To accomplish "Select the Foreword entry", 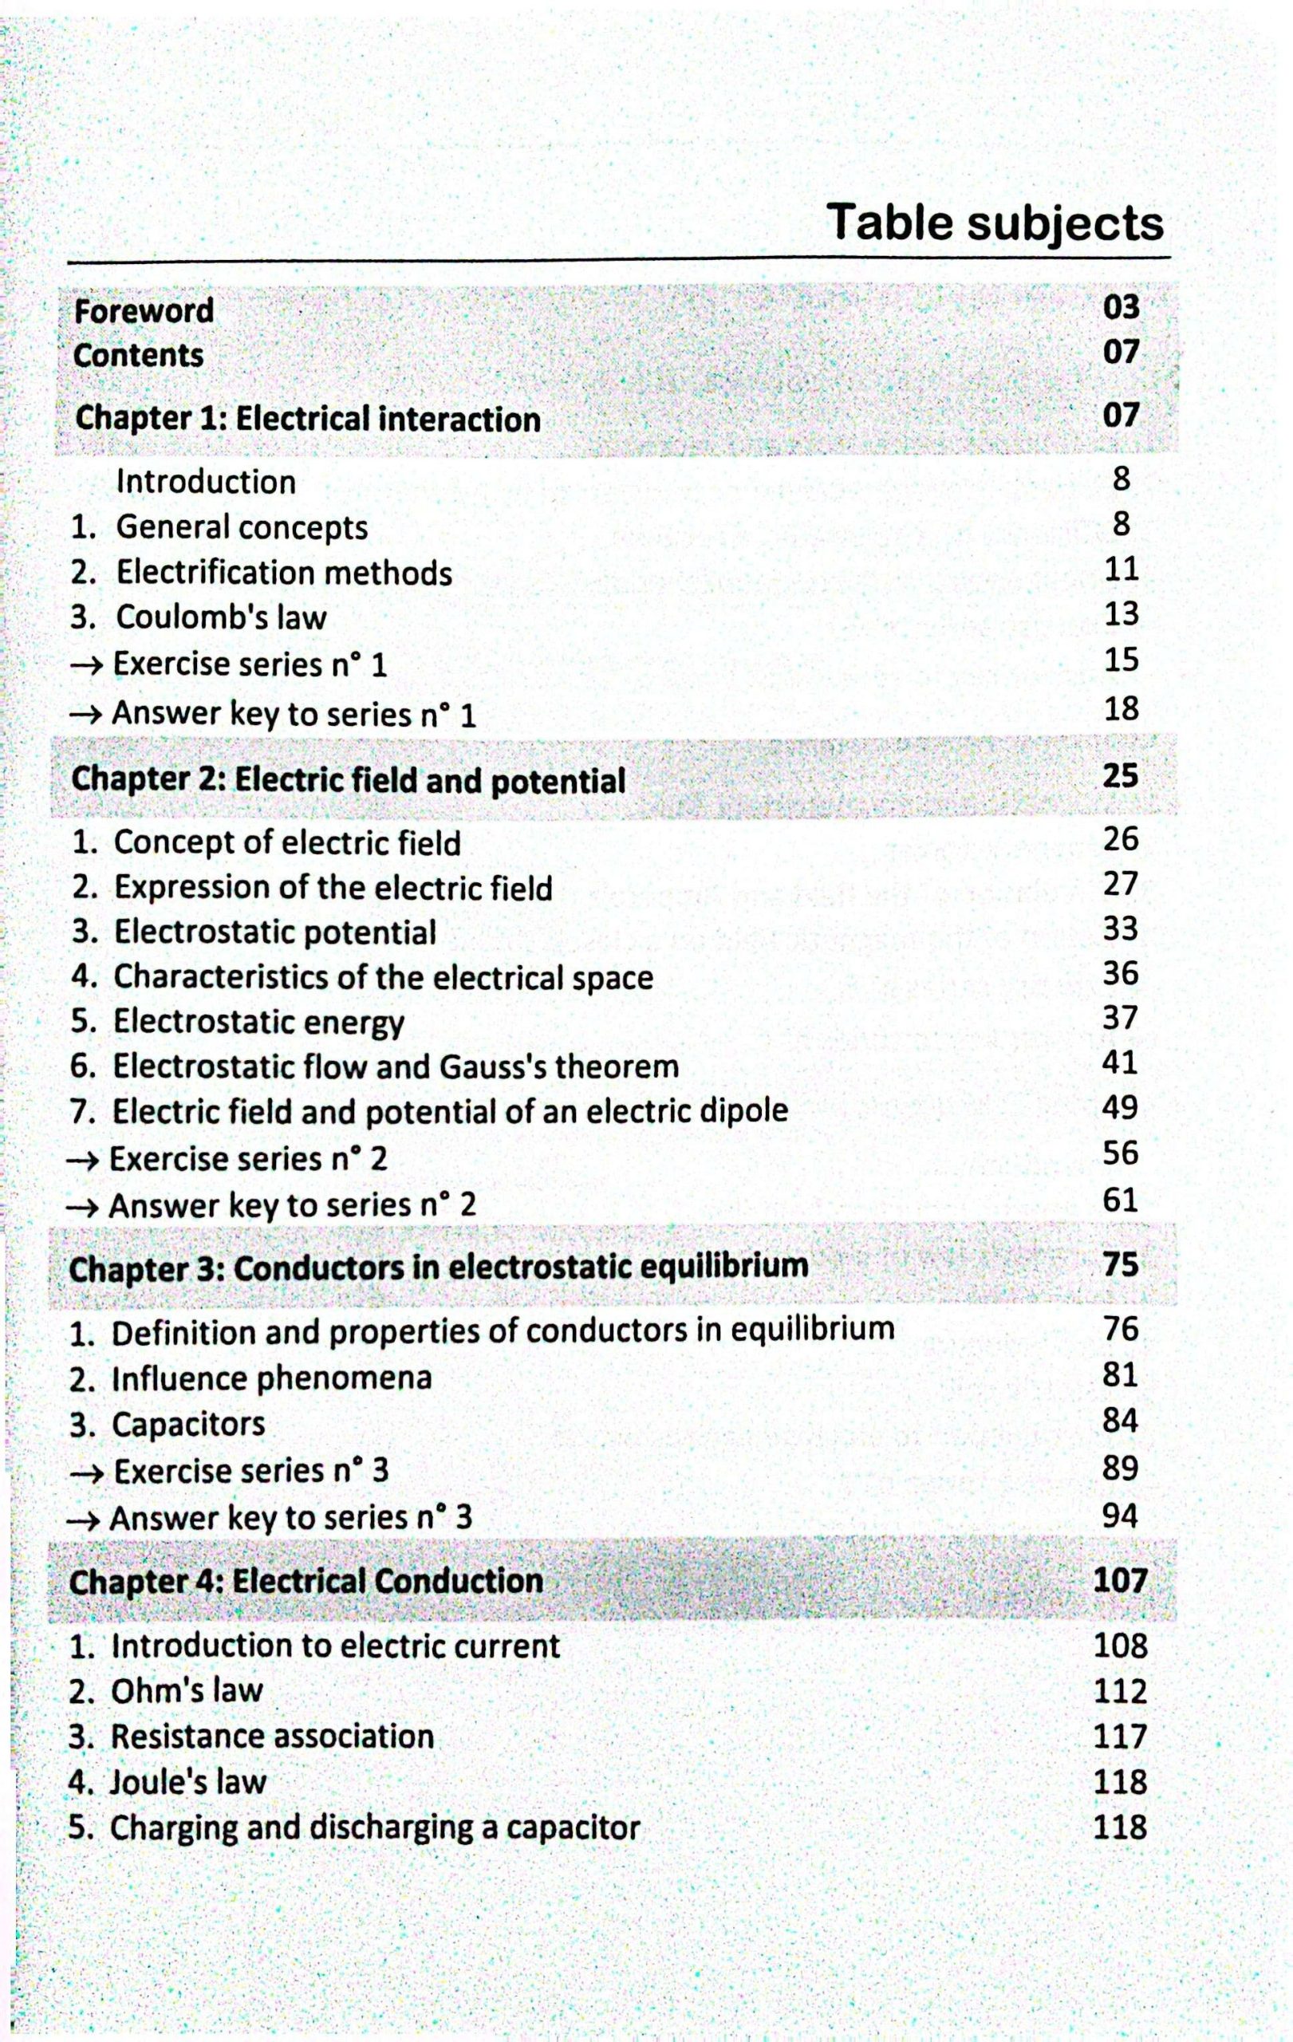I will pyautogui.click(x=144, y=311).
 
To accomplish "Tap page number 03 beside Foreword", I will pyautogui.click(x=1121, y=307).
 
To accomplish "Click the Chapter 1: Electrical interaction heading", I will pyautogui.click(x=308, y=419).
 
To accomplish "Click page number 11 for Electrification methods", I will pyautogui.click(x=1121, y=569).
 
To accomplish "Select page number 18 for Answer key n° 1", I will pyautogui.click(x=1121, y=708).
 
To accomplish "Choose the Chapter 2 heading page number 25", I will pyautogui.click(x=1120, y=776).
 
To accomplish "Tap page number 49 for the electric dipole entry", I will pyautogui.click(x=1120, y=1106).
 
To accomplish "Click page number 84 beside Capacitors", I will pyautogui.click(x=1120, y=1421).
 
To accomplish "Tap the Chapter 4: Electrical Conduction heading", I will pyautogui.click(x=306, y=1582).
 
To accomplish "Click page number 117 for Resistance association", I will pyautogui.click(x=1120, y=1736).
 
